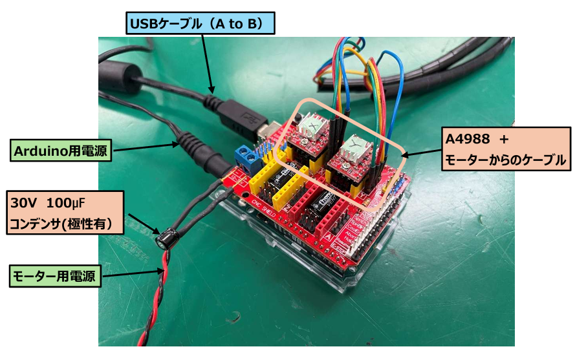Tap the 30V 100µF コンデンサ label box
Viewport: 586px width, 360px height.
click(x=63, y=213)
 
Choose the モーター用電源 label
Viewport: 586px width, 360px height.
click(x=55, y=277)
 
